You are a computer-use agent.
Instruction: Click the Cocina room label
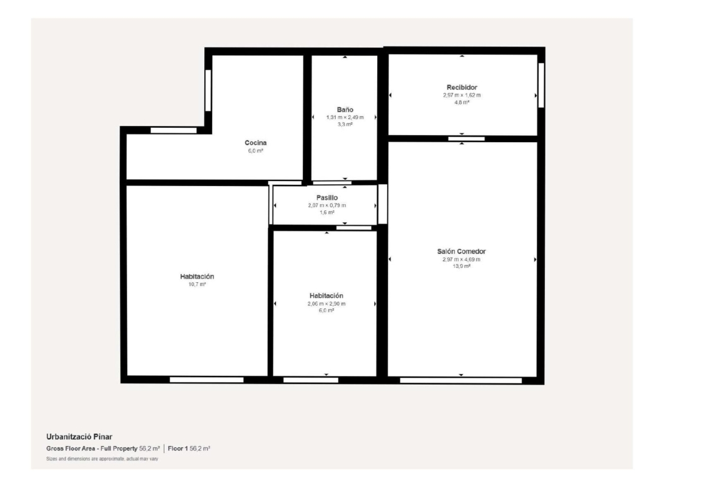pyautogui.click(x=256, y=143)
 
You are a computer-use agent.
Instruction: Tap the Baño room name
pyautogui.click(x=345, y=110)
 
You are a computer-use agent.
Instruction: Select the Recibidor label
pyautogui.click(x=462, y=87)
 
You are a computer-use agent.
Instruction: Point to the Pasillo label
pyautogui.click(x=327, y=198)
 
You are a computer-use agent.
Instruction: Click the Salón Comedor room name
pyautogui.click(x=462, y=251)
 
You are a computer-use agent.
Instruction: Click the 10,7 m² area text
pyautogui.click(x=197, y=284)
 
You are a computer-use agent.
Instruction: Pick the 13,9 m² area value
pyautogui.click(x=462, y=266)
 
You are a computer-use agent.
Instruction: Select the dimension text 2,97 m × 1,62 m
pyautogui.click(x=462, y=96)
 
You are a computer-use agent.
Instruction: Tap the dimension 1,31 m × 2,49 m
pyautogui.click(x=345, y=117)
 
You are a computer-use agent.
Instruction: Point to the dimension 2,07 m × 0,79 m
pyautogui.click(x=327, y=205)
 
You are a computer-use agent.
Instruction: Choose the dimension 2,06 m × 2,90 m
pyautogui.click(x=326, y=304)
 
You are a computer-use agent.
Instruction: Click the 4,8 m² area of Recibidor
pyautogui.click(x=462, y=102)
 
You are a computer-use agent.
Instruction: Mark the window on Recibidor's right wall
pyautogui.click(x=541, y=85)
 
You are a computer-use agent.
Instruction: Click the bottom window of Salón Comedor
pyautogui.click(x=460, y=380)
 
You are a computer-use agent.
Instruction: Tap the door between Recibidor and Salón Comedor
pyautogui.click(x=466, y=139)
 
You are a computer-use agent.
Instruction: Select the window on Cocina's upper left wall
pyautogui.click(x=208, y=91)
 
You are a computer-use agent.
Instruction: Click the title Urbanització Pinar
pyautogui.click(x=79, y=437)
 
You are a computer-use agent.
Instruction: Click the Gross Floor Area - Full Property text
pyautogui.click(x=92, y=449)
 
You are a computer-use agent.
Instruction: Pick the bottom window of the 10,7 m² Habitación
pyautogui.click(x=207, y=380)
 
